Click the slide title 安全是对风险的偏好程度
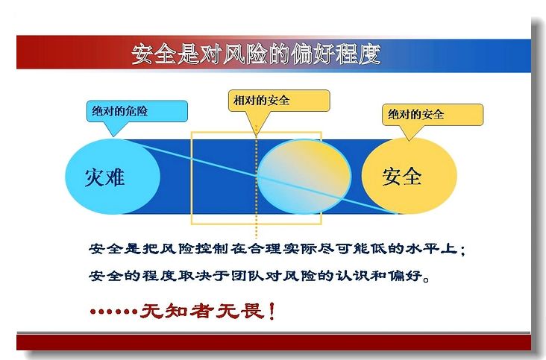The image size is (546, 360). click(257, 54)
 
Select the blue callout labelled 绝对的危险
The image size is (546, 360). click(136, 112)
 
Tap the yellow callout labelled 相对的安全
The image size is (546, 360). click(279, 101)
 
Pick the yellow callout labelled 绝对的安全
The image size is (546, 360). click(433, 115)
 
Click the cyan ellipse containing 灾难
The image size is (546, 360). click(113, 177)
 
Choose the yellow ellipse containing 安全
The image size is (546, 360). click(409, 176)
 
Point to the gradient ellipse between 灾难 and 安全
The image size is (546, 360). click(304, 177)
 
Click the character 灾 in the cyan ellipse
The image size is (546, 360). click(95, 177)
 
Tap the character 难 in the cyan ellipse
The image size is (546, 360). click(115, 177)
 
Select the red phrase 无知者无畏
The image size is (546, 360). click(201, 311)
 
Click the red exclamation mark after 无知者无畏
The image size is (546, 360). click(272, 311)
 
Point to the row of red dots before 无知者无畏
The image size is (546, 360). click(113, 311)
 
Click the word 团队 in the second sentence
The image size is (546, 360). click(247, 276)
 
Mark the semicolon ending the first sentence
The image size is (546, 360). click(462, 250)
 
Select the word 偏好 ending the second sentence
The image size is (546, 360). click(404, 276)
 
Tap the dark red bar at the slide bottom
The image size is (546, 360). click(274, 342)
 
